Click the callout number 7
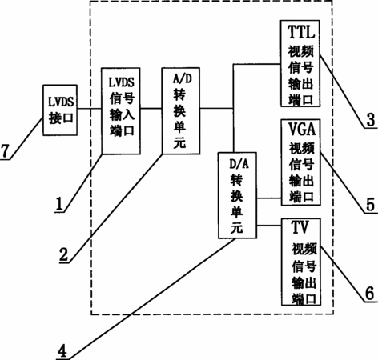point(5,151)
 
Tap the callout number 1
point(59,204)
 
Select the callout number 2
point(63,254)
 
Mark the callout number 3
point(371,120)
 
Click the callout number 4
point(62,350)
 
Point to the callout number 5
point(371,205)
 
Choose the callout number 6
point(370,294)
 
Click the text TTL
point(301,32)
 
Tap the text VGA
point(302,130)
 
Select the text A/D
point(183,78)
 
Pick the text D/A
point(239,163)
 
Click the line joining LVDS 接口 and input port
point(89,109)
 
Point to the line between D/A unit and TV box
point(269,226)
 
